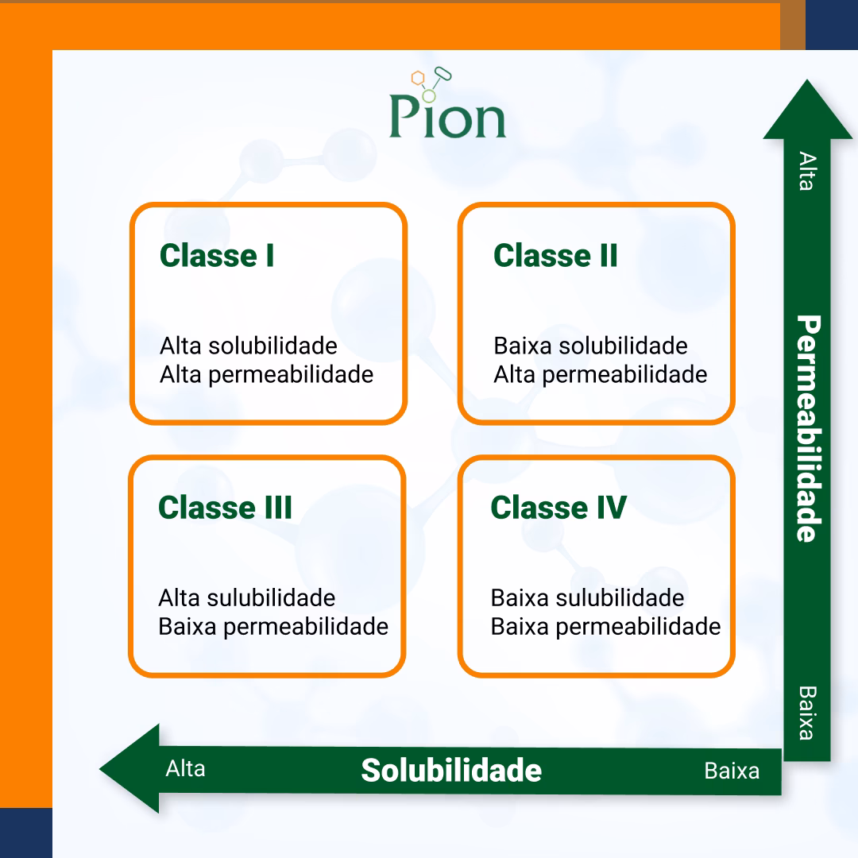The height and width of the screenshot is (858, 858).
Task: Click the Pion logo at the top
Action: (447, 107)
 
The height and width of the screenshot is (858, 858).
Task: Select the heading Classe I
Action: (217, 256)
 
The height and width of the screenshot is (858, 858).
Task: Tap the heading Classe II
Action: (555, 256)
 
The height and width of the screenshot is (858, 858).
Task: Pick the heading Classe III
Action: (226, 508)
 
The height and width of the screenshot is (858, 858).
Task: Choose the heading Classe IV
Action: (558, 508)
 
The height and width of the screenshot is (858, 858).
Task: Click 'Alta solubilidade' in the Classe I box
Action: (249, 346)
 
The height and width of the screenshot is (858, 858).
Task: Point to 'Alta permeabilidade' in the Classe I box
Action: (266, 374)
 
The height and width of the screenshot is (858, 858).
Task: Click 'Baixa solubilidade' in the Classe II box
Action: (590, 346)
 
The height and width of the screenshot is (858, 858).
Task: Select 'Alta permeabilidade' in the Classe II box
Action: (600, 374)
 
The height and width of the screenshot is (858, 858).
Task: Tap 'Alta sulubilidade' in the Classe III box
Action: (247, 597)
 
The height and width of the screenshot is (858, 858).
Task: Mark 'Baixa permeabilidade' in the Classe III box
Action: (273, 626)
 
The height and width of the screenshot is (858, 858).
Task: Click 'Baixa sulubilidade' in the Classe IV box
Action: (587, 597)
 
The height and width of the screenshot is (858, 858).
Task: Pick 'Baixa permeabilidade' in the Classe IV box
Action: (605, 626)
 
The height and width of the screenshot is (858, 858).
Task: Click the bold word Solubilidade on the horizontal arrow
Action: (451, 770)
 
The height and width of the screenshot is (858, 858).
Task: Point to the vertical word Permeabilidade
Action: (807, 429)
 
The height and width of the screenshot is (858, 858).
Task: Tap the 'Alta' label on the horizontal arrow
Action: (185, 769)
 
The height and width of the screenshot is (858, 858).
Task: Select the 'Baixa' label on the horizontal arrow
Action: (732, 771)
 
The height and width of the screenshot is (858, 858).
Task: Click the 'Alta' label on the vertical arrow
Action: (806, 171)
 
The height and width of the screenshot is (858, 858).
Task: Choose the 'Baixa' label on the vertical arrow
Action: (806, 713)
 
